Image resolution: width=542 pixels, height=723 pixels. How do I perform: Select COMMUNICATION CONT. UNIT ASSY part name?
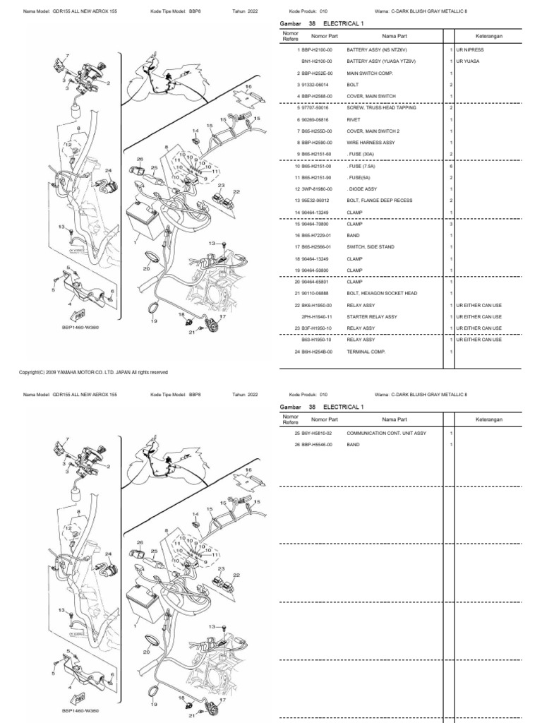pos(386,432)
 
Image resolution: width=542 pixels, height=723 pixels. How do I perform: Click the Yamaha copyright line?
pos(92,372)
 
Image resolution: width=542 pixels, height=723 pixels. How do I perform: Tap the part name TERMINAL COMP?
pos(367,351)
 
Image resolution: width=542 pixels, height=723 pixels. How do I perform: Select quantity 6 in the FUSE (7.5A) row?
pos(450,165)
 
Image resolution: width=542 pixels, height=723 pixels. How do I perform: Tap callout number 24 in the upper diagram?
pos(108,170)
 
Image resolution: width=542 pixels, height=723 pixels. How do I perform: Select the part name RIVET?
pos(354,119)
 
